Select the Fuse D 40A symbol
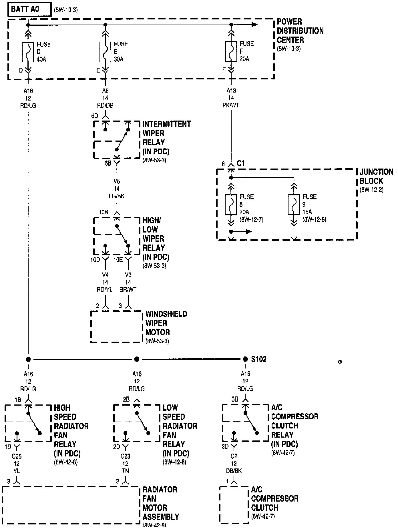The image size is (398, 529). click(28, 52)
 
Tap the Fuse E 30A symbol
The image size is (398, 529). click(105, 52)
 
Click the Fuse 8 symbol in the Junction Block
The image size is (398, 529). click(231, 205)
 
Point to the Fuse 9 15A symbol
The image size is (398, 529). click(294, 205)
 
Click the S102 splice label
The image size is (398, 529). click(259, 359)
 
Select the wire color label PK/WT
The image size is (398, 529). click(231, 105)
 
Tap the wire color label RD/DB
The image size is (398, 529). click(105, 106)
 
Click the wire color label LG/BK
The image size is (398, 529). click(117, 196)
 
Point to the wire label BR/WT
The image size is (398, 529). click(128, 290)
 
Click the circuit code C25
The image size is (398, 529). click(17, 456)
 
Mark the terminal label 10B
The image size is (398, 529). click(104, 212)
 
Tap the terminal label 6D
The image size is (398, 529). click(95, 116)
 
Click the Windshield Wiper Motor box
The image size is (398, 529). click(117, 327)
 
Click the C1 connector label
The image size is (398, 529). click(241, 164)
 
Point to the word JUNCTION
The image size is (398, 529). click(377, 172)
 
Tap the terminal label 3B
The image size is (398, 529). click(235, 399)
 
